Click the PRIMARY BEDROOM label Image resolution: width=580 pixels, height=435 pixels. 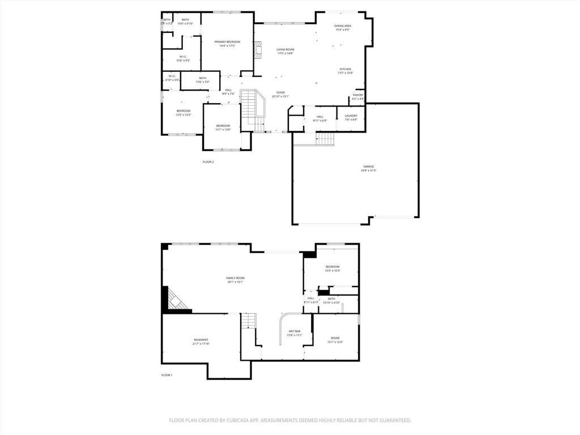click(227, 42)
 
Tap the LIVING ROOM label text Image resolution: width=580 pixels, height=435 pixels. click(285, 50)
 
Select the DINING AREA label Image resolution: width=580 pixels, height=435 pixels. click(343, 26)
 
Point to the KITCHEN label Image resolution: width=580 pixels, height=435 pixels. click(346, 69)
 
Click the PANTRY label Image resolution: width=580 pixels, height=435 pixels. click(358, 95)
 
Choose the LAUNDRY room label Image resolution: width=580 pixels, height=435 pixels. click(351, 116)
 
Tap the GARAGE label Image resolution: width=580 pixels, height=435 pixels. click(369, 167)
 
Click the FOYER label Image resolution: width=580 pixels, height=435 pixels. click(280, 92)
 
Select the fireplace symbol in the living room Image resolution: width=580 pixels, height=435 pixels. click(258, 50)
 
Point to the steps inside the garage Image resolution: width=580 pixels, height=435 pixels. click(325, 139)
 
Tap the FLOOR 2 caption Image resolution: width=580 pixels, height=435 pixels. click(208, 162)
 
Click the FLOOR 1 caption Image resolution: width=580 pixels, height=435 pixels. click(167, 376)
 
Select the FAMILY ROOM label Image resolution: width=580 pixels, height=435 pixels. click(235, 278)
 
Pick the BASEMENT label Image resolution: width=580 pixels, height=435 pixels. click(201, 340)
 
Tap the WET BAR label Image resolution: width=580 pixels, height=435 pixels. click(295, 331)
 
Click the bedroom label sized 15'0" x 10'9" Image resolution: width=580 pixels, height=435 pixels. click(332, 267)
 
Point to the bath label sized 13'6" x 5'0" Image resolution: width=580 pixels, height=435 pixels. click(202, 78)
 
